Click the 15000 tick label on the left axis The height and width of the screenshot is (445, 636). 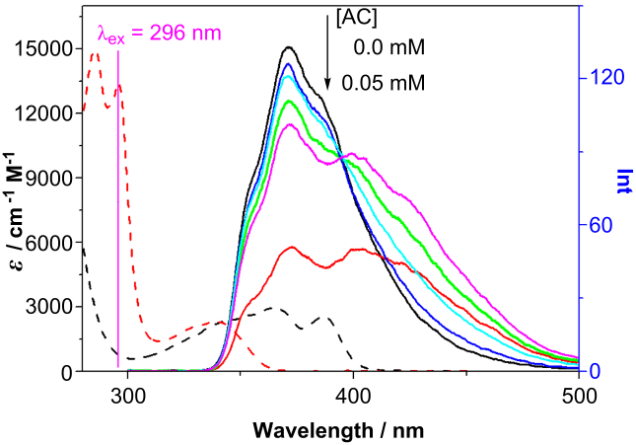click(47, 48)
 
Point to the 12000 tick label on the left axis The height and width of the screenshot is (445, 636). click(47, 112)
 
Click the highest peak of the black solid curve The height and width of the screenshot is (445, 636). click(287, 47)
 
